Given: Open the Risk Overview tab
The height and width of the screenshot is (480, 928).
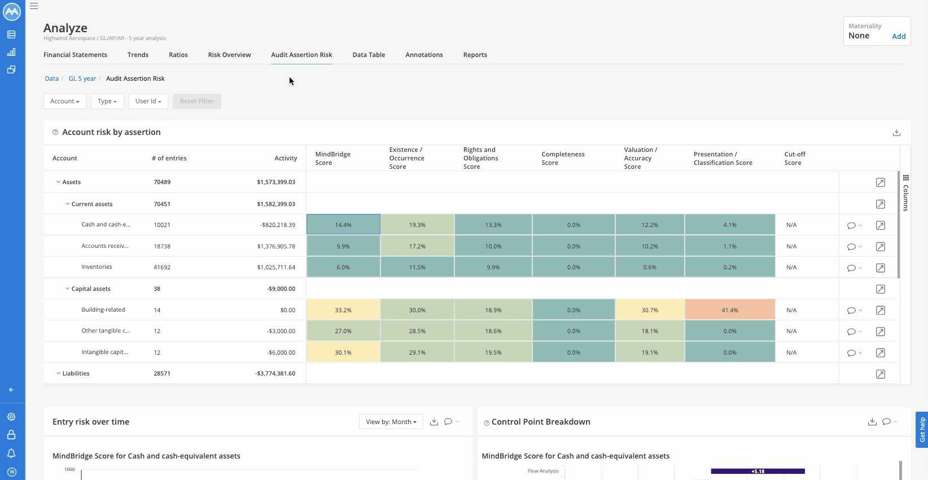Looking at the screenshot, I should [229, 55].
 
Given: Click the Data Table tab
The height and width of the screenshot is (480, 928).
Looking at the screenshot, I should [369, 55].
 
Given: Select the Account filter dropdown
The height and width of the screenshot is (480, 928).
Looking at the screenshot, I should [64, 101].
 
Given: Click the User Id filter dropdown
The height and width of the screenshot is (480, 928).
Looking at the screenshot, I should [148, 101].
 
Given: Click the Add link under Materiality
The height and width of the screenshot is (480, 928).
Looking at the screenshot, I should [898, 36].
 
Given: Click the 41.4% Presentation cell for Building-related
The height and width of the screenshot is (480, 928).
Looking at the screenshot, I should [729, 310].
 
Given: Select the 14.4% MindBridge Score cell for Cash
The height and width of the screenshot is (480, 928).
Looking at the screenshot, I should [343, 225].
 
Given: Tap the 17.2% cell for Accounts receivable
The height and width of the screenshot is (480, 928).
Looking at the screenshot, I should [417, 246].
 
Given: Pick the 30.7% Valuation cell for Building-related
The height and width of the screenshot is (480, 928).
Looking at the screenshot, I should [650, 310].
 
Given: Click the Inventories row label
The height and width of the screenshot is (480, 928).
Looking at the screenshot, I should [97, 267].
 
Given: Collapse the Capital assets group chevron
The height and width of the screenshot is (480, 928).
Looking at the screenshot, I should [67, 289].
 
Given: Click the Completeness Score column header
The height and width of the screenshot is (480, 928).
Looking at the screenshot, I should [563, 158].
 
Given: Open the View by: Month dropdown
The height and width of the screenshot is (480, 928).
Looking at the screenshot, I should [391, 422].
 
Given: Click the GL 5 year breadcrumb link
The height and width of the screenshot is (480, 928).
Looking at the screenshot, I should [82, 78].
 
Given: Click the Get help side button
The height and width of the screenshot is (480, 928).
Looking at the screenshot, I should [922, 429].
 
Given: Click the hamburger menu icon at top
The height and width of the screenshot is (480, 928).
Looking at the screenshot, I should [34, 6].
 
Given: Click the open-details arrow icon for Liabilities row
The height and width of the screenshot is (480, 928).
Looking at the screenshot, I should [880, 374].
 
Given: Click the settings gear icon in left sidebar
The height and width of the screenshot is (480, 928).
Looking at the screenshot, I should [11, 417].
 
